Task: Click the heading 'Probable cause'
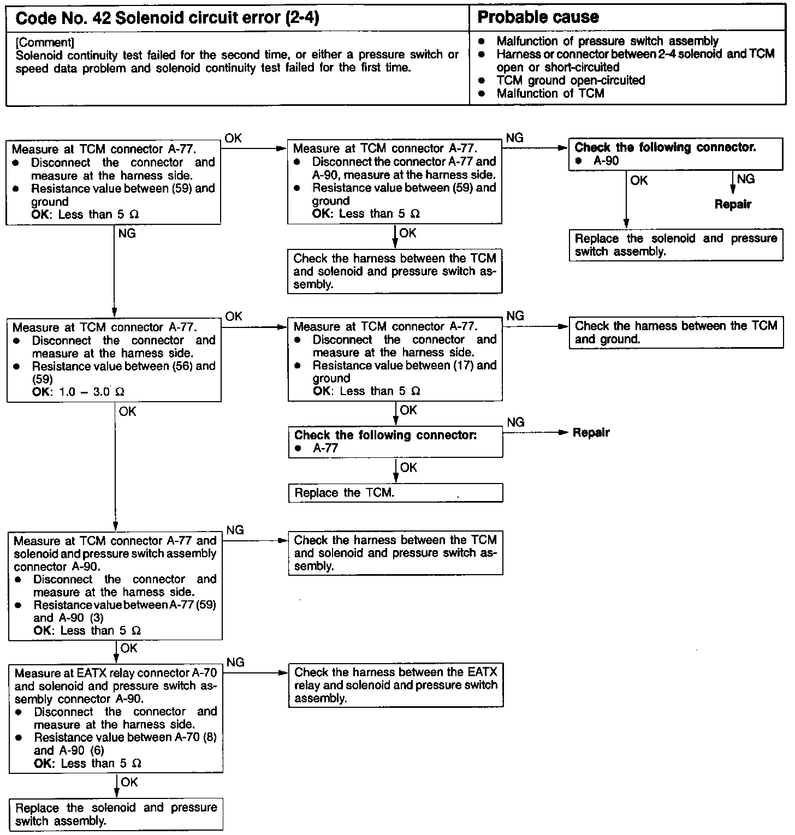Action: (x=538, y=17)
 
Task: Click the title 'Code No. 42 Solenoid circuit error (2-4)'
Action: (x=167, y=18)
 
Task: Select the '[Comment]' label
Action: (x=45, y=42)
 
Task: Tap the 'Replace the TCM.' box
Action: (x=395, y=493)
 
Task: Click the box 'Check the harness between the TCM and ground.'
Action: (x=675, y=332)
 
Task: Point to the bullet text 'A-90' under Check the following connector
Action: (x=606, y=161)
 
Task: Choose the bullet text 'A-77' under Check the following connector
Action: (x=325, y=448)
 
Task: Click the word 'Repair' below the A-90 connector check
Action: (x=733, y=204)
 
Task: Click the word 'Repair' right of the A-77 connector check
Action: (x=591, y=433)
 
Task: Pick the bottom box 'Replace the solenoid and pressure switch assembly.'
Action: (x=116, y=814)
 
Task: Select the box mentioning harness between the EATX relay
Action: (x=395, y=685)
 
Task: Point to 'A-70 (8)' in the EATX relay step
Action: (x=195, y=738)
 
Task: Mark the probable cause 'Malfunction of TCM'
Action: (x=550, y=93)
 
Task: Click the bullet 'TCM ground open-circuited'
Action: (x=571, y=80)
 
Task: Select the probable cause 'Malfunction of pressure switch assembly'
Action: (x=607, y=41)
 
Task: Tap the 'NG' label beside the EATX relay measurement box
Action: (x=235, y=663)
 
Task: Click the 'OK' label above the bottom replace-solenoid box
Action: (x=129, y=783)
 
